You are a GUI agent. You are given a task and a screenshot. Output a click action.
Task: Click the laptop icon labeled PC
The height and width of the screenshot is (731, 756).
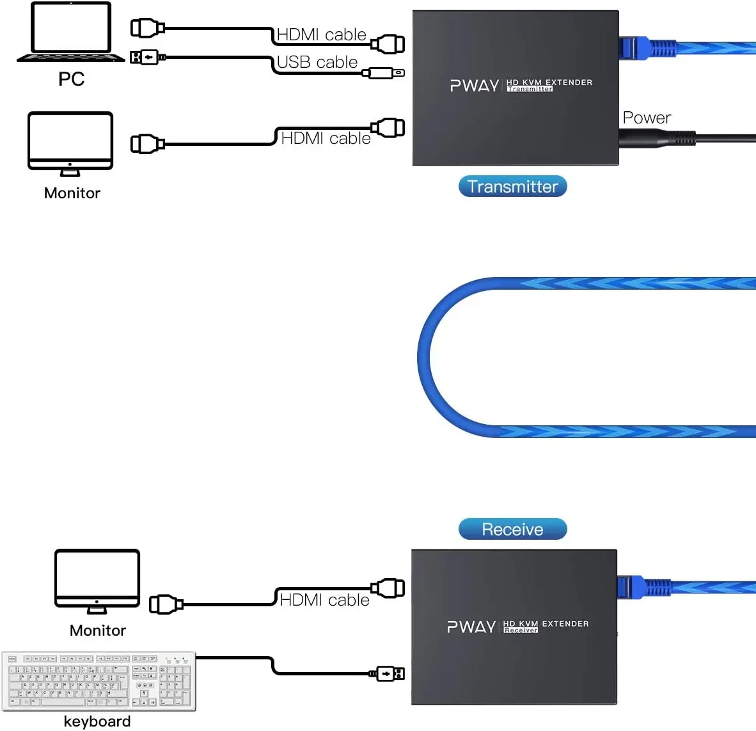coord(71,32)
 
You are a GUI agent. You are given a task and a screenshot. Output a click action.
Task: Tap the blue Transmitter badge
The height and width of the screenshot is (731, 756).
coord(512,186)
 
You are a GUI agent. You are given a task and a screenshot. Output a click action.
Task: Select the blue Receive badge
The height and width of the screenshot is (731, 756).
coord(512,529)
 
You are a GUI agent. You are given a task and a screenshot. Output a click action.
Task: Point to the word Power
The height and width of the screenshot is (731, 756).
coord(647,118)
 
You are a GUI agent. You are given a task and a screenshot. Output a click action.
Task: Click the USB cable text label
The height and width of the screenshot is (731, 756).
coord(317,62)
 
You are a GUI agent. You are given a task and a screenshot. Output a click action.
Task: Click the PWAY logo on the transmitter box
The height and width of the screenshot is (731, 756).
coord(474,86)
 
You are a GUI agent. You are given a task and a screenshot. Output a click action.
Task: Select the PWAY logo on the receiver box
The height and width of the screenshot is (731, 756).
coord(471,627)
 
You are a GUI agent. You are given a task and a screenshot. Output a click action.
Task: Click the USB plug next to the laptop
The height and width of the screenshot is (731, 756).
coord(148,58)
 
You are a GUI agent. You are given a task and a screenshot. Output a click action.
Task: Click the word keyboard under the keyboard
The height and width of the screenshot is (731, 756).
coord(97,721)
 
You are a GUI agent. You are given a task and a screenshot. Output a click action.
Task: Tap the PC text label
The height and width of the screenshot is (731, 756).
coord(72,79)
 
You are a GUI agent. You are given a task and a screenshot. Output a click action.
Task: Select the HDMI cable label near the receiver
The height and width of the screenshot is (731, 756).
coord(325,600)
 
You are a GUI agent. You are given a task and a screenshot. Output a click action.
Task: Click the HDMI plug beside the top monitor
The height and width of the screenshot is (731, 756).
coord(147,144)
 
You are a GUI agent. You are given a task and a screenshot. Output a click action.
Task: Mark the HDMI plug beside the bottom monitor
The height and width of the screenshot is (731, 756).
coord(166,604)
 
